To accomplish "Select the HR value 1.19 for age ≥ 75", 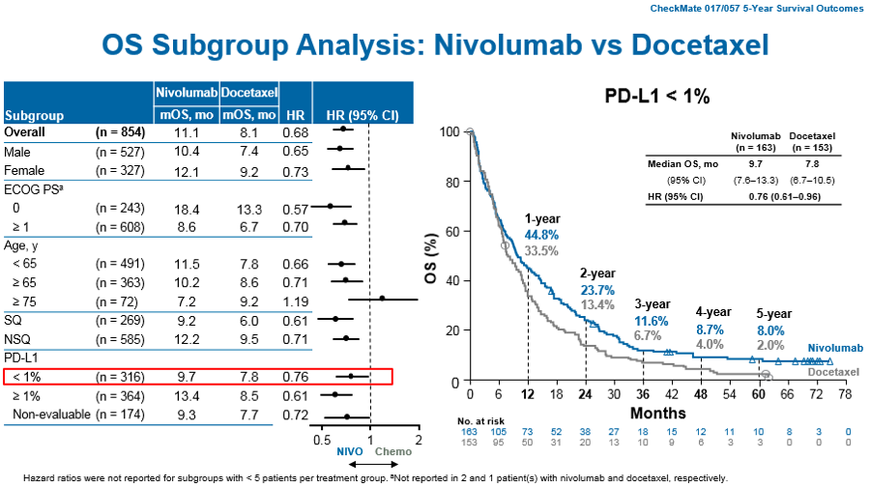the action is click(x=295, y=301).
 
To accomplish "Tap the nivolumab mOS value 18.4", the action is click(x=187, y=210).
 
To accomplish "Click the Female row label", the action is click(x=24, y=170).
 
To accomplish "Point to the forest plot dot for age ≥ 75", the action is click(x=382, y=299).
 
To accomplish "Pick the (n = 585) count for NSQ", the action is click(x=120, y=339).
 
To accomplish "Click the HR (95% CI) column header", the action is click(x=362, y=115).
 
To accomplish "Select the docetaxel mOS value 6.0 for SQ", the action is click(x=249, y=321).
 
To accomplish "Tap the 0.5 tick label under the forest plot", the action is click(x=322, y=441).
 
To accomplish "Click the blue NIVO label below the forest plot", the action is click(x=350, y=451).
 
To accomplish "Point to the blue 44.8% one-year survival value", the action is click(x=541, y=235).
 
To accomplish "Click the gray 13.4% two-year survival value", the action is click(x=597, y=304).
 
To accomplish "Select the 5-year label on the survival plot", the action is click(x=773, y=314).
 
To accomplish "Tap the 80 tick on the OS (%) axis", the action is click(x=452, y=183).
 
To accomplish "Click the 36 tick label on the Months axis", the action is click(x=643, y=394).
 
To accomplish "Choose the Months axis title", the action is click(x=658, y=414).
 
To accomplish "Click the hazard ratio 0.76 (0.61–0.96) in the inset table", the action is click(x=785, y=196).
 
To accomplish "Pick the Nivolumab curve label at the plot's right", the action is click(x=835, y=348).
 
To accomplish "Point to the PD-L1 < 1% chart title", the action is click(x=657, y=96).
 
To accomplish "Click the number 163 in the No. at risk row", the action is click(x=469, y=432).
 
